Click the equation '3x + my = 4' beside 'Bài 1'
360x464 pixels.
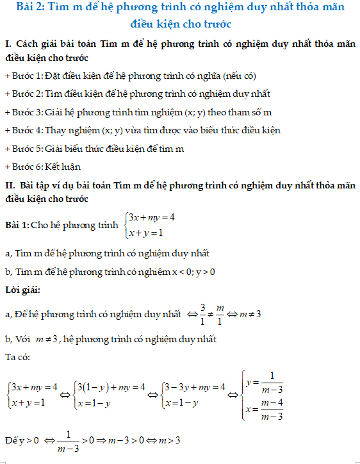click(152, 217)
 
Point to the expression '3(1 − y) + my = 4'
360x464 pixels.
click(110, 387)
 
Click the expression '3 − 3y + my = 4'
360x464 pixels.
click(194, 387)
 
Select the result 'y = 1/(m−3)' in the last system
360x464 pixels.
click(265, 383)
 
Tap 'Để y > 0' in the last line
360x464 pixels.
click(22, 441)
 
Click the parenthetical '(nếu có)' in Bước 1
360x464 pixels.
click(237, 76)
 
